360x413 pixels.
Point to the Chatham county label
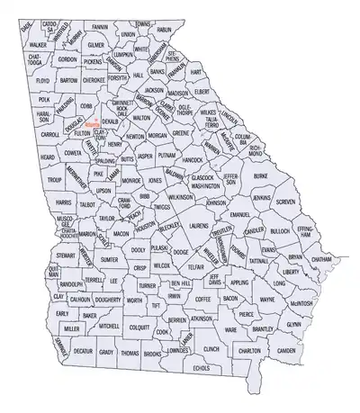[321, 259]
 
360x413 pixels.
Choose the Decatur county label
[83, 352]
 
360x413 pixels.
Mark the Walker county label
[38, 44]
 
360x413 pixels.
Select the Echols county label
[201, 368]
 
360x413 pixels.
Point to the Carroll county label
[49, 134]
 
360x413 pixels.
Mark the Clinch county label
[211, 347]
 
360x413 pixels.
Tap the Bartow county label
[68, 80]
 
